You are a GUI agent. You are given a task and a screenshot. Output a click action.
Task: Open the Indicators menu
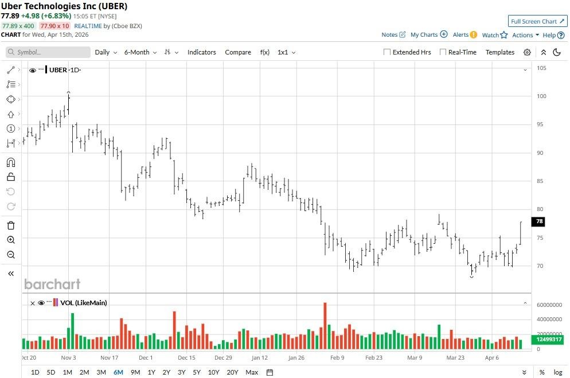(x=201, y=52)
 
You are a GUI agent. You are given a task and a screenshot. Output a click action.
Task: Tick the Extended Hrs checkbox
(x=388, y=52)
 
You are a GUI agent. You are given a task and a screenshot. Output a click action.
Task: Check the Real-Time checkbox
(x=443, y=52)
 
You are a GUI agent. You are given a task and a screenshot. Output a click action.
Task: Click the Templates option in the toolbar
(x=499, y=52)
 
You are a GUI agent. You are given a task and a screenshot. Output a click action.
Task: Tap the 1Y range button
(x=151, y=372)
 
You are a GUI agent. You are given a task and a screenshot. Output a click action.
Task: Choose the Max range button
(x=251, y=372)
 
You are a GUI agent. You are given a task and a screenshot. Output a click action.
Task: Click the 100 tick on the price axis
(x=541, y=96)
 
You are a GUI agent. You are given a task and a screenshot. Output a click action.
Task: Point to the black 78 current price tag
(x=539, y=221)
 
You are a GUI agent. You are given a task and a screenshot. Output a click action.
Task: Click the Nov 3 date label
(x=68, y=357)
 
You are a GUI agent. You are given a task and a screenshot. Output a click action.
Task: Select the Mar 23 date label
(x=455, y=357)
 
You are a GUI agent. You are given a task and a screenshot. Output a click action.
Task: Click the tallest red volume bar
(x=325, y=325)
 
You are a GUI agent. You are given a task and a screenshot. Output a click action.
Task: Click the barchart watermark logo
(x=52, y=284)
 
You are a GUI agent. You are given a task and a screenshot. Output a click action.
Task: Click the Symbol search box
(x=49, y=52)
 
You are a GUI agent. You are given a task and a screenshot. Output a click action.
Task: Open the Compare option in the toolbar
(x=237, y=52)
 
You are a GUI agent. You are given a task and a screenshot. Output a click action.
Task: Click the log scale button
(x=557, y=372)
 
